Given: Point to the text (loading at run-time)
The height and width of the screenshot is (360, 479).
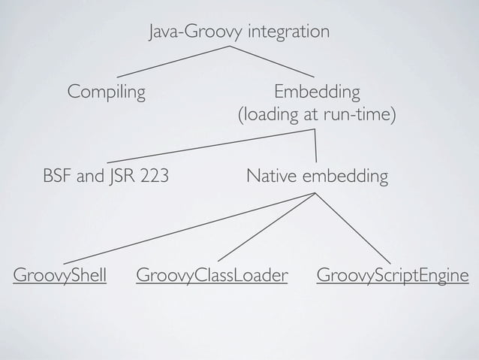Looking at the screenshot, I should (x=316, y=116).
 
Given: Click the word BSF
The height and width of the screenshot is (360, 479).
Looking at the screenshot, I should (x=57, y=177).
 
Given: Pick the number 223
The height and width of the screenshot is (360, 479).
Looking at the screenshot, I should (x=152, y=177).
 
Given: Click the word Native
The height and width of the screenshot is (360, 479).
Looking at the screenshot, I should (x=272, y=177).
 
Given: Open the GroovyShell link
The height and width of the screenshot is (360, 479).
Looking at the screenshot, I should (x=59, y=277).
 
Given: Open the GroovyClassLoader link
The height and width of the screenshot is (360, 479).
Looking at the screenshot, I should (x=212, y=277).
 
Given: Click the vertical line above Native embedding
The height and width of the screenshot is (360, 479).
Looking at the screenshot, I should (x=315, y=146).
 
